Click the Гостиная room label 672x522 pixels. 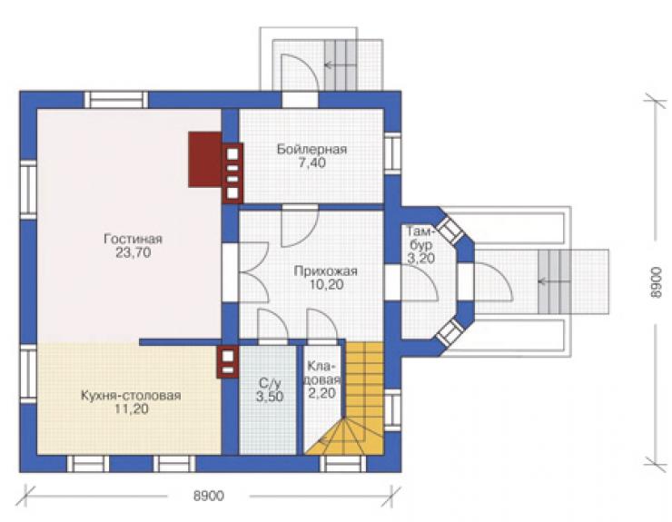click(133, 238)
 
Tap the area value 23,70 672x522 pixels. click(133, 252)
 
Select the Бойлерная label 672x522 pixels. click(311, 149)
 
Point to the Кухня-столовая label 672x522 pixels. click(131, 395)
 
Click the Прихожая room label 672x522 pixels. click(325, 271)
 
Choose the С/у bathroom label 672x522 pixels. click(270, 382)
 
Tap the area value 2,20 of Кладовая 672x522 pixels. click(321, 393)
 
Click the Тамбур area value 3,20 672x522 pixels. click(420, 259)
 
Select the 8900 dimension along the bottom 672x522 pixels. click(209, 496)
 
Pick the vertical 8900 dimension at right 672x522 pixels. click(656, 282)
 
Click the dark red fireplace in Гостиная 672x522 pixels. click(205, 159)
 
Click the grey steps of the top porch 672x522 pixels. click(341, 65)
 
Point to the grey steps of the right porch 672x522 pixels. click(555, 281)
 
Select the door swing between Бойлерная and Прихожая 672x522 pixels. click(300, 226)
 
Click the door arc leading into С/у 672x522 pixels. click(272, 325)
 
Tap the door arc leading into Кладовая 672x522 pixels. click(322, 325)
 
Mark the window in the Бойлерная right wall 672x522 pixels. click(392, 153)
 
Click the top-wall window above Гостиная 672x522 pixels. click(115, 100)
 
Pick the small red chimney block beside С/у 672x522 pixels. click(228, 361)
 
